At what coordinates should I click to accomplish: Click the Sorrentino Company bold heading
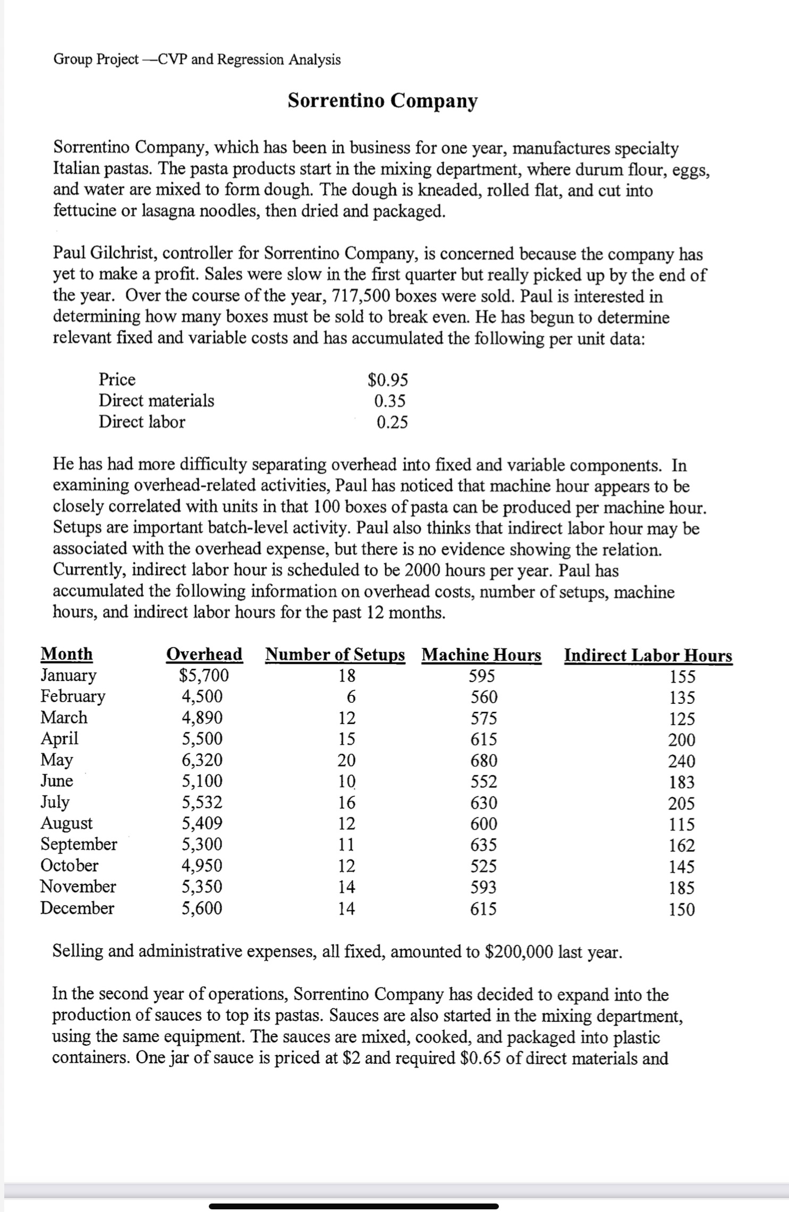tap(383, 100)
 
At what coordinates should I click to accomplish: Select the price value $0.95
tap(388, 380)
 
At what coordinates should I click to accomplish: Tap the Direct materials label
tap(157, 400)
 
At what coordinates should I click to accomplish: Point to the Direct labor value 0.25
tap(392, 422)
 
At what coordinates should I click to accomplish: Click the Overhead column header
tap(205, 654)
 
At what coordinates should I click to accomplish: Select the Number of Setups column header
tap(335, 654)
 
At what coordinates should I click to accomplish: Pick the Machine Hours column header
tap(481, 655)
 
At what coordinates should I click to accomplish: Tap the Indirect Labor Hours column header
tap(648, 655)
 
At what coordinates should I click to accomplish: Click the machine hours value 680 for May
tap(484, 761)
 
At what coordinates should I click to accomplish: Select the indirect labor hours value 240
tap(681, 761)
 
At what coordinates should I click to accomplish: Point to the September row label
tap(79, 844)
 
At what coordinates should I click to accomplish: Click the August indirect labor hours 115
tap(682, 824)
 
